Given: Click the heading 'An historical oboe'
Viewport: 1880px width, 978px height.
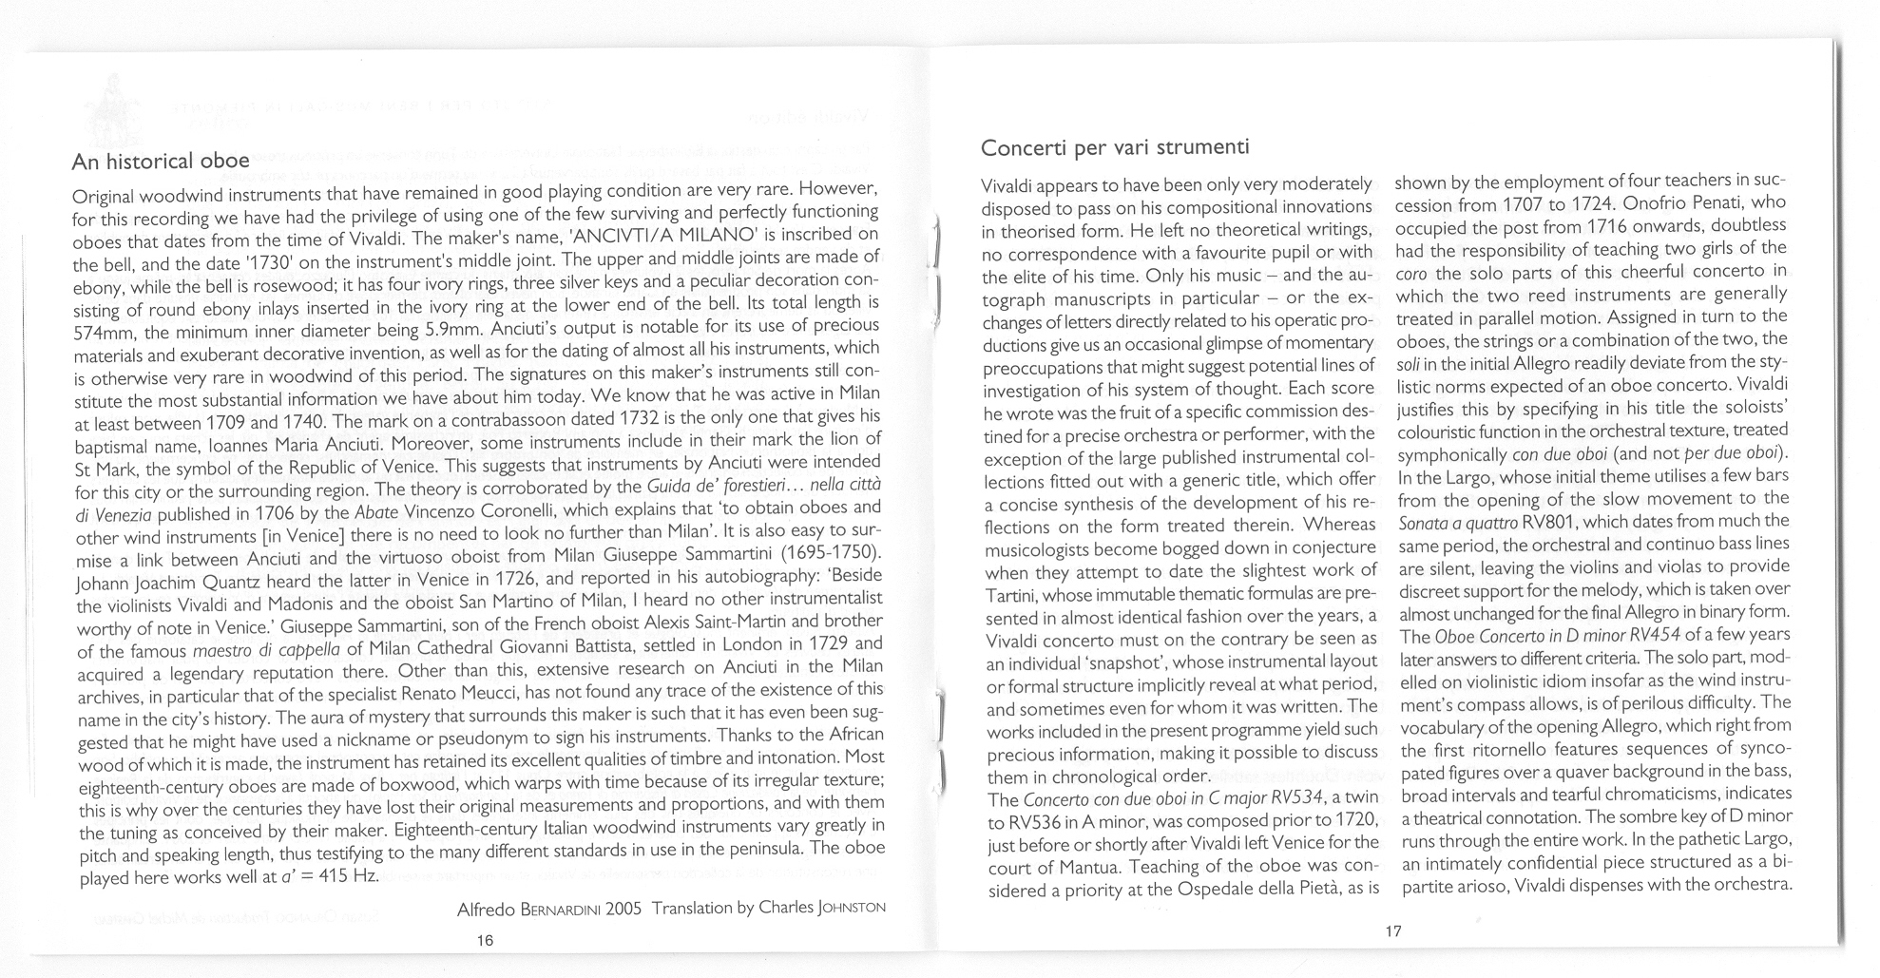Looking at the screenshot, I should [x=161, y=161].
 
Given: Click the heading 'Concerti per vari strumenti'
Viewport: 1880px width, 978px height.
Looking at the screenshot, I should [x=1114, y=147].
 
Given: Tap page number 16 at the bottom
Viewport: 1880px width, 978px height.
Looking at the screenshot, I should [x=485, y=940].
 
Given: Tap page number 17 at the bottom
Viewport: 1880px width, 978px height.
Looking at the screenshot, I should [x=1392, y=931].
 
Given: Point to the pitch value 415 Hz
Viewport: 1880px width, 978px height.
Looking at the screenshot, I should [x=347, y=874].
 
